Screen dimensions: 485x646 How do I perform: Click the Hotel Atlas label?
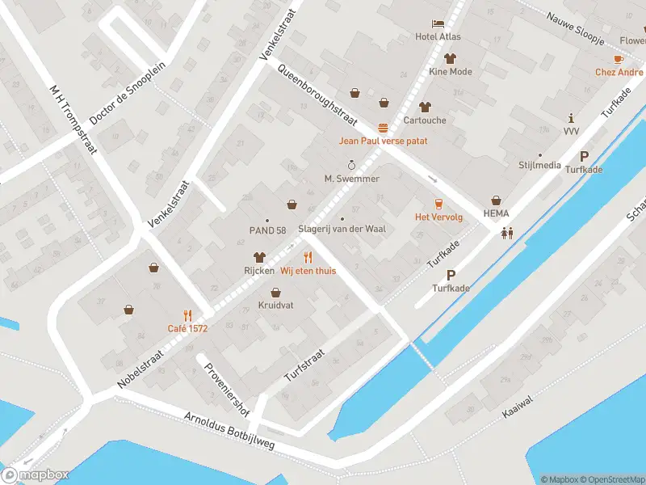point(437,36)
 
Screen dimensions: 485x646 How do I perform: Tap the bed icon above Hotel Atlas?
point(437,23)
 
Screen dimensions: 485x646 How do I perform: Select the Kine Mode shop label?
point(451,72)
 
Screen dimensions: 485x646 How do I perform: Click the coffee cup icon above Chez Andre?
point(619,59)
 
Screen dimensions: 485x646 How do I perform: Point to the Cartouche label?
point(425,120)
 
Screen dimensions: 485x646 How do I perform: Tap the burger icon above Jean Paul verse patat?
point(383,128)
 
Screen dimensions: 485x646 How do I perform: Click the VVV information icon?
point(572,118)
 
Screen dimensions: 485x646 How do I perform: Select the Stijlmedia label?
point(540,165)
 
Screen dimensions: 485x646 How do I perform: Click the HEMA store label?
point(496,213)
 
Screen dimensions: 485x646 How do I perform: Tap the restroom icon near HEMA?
point(507,233)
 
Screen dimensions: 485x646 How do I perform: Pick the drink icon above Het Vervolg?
point(438,204)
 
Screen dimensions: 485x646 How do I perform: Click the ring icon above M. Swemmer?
point(351,165)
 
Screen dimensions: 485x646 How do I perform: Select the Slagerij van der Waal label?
point(342,229)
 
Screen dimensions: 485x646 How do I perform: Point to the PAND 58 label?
point(267,230)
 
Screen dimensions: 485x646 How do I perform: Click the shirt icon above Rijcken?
point(260,256)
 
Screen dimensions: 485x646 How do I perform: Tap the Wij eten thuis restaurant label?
point(308,271)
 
